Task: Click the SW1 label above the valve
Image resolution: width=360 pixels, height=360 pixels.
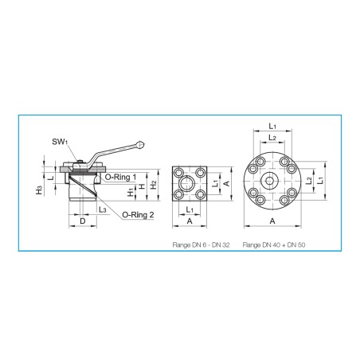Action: pyautogui.click(x=60, y=142)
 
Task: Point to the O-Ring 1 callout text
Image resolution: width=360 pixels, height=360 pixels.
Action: pyautogui.click(x=121, y=177)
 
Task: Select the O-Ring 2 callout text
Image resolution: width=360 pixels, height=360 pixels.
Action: pyautogui.click(x=138, y=215)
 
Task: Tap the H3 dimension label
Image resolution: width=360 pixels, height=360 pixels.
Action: pyautogui.click(x=39, y=190)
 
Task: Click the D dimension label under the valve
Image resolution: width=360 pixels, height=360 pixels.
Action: pyautogui.click(x=83, y=221)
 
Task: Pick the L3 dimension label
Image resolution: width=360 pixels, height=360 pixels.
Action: pyautogui.click(x=103, y=209)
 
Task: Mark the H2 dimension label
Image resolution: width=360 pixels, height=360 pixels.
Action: pyautogui.click(x=154, y=185)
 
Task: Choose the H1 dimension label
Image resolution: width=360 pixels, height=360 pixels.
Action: pyautogui.click(x=131, y=192)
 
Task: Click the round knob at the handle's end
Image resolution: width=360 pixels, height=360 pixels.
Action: pyautogui.click(x=140, y=144)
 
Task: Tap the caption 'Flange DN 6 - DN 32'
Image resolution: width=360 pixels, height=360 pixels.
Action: pyautogui.click(x=201, y=245)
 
